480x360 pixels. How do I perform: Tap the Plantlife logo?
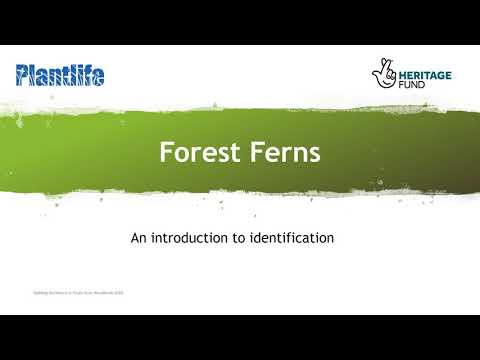(60, 74)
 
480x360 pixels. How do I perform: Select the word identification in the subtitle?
(295, 239)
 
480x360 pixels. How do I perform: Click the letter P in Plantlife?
(23, 74)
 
